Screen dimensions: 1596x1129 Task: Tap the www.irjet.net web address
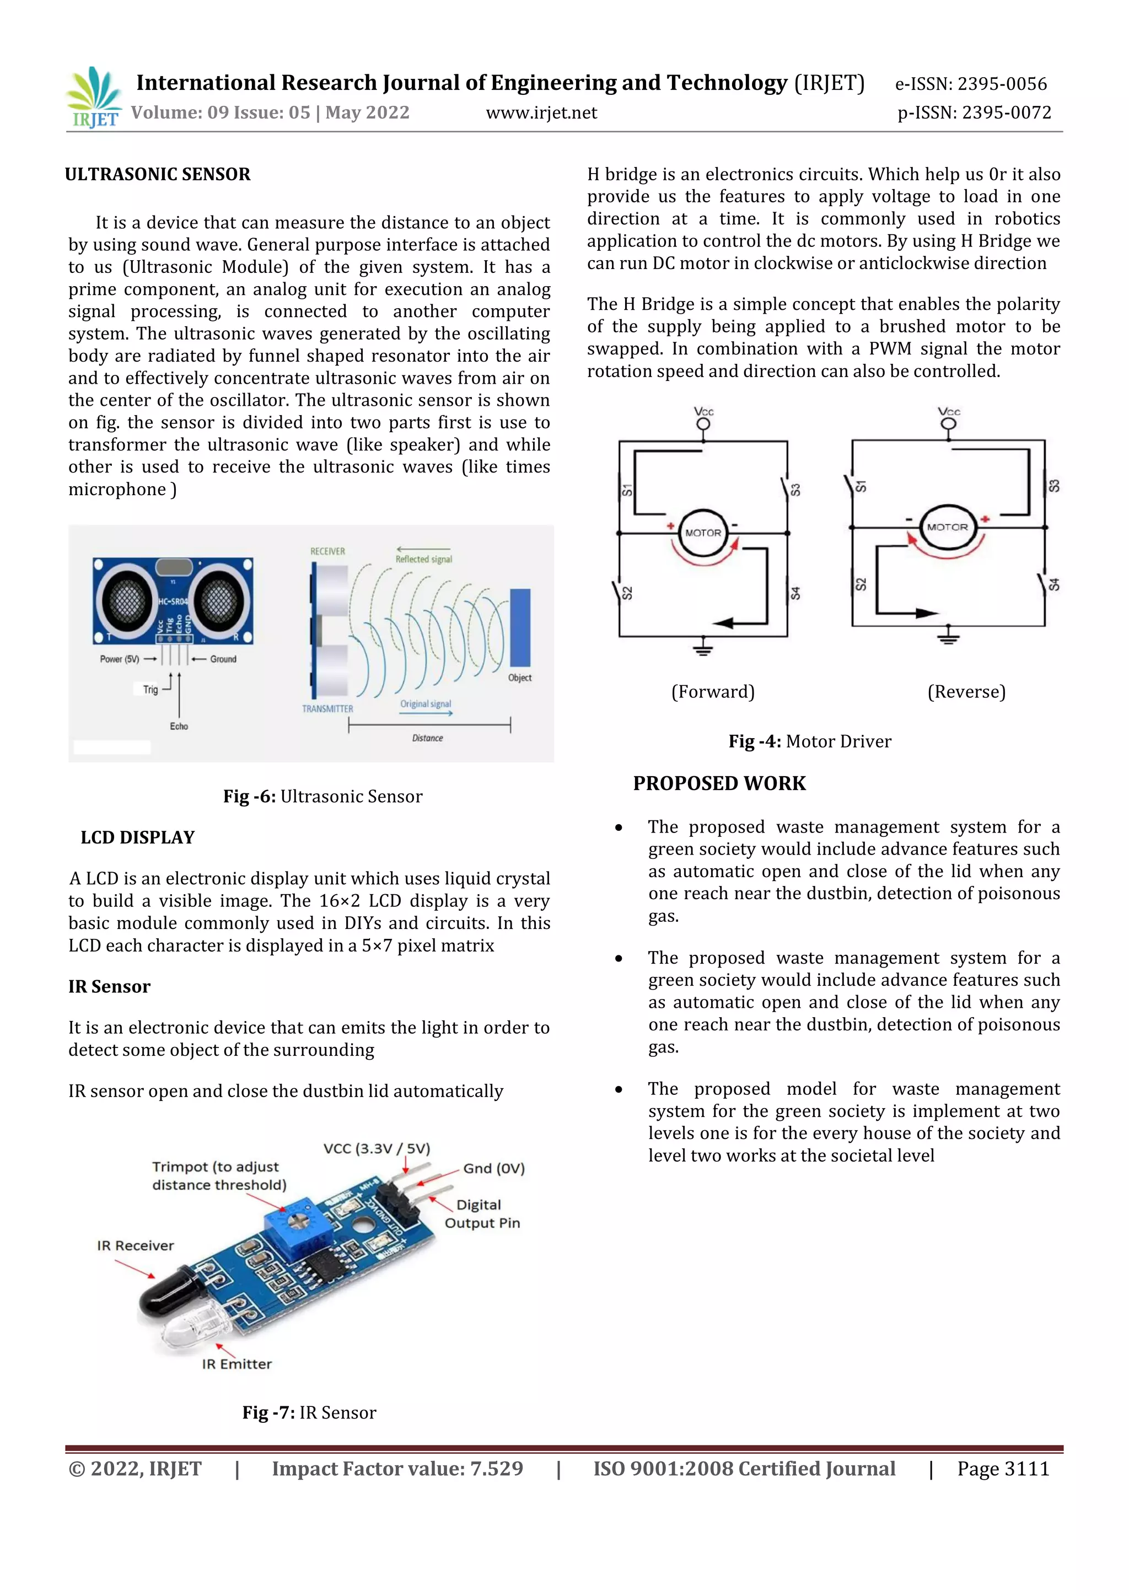point(541,112)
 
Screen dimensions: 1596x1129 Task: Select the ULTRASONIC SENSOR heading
point(158,174)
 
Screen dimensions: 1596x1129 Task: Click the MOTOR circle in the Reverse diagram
point(947,528)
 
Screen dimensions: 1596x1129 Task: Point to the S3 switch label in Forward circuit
point(795,490)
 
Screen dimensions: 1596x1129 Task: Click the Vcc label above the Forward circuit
point(703,411)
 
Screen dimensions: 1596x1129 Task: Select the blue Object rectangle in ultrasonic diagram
point(520,627)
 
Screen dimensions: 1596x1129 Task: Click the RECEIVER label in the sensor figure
point(327,551)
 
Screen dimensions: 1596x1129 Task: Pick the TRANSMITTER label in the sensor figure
point(327,709)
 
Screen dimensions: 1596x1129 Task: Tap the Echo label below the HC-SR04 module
point(179,726)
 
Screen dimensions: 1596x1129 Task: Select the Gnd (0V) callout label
point(493,1169)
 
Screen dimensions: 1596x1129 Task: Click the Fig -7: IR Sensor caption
point(309,1412)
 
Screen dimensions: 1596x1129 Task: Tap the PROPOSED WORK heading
point(719,783)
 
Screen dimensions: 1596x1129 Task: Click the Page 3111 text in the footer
point(1002,1469)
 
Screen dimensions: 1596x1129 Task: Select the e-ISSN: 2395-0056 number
point(970,84)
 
